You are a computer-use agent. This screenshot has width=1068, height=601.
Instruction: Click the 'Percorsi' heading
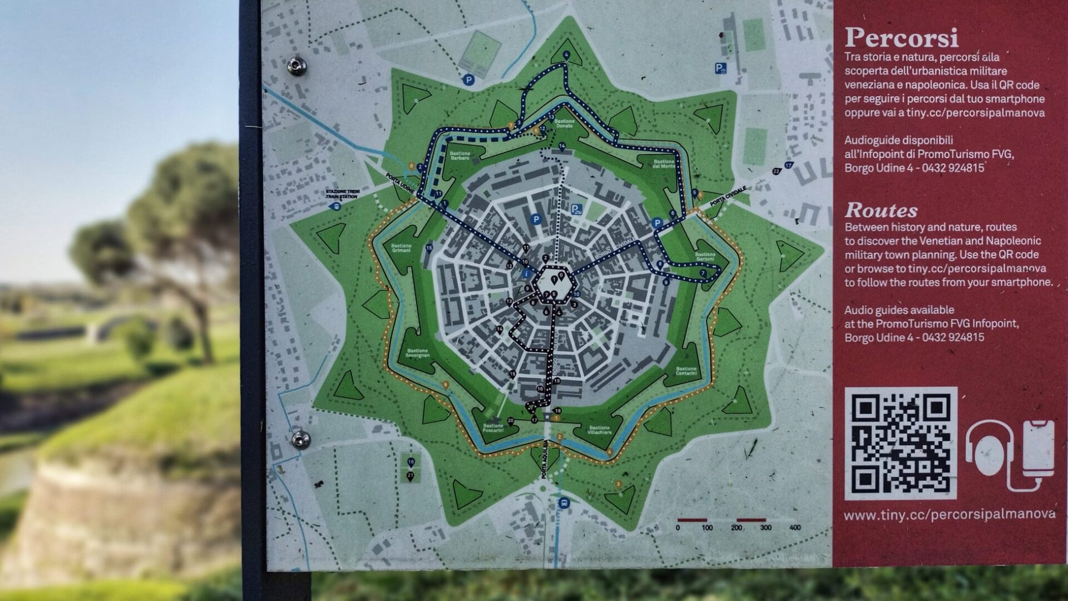pyautogui.click(x=901, y=38)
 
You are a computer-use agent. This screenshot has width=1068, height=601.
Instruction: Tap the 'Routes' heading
pyautogui.click(x=881, y=210)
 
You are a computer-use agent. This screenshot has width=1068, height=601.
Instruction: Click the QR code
pyautogui.click(x=900, y=443)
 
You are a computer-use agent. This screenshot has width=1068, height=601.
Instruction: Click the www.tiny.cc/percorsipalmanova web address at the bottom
pyautogui.click(x=949, y=514)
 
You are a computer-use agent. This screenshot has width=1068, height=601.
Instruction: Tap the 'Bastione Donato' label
pyautogui.click(x=564, y=124)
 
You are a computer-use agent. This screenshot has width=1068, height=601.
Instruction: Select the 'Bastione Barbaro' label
pyautogui.click(x=460, y=156)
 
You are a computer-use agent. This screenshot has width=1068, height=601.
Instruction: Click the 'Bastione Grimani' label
pyautogui.click(x=401, y=248)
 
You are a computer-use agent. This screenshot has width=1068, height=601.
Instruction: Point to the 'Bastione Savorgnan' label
pyautogui.click(x=418, y=353)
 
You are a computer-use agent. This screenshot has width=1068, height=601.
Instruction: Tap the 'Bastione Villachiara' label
pyautogui.click(x=599, y=430)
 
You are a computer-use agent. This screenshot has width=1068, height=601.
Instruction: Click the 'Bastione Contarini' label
pyautogui.click(x=686, y=371)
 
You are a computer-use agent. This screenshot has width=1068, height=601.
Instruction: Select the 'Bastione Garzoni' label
pyautogui.click(x=705, y=257)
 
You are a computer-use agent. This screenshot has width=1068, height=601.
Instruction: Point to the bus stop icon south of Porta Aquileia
pyautogui.click(x=565, y=503)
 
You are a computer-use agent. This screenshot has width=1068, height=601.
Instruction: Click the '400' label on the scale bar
pyautogui.click(x=794, y=528)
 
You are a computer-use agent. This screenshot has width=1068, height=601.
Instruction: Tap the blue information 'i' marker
pyautogui.click(x=526, y=274)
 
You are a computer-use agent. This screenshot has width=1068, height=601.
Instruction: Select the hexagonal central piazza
pyautogui.click(x=552, y=283)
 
